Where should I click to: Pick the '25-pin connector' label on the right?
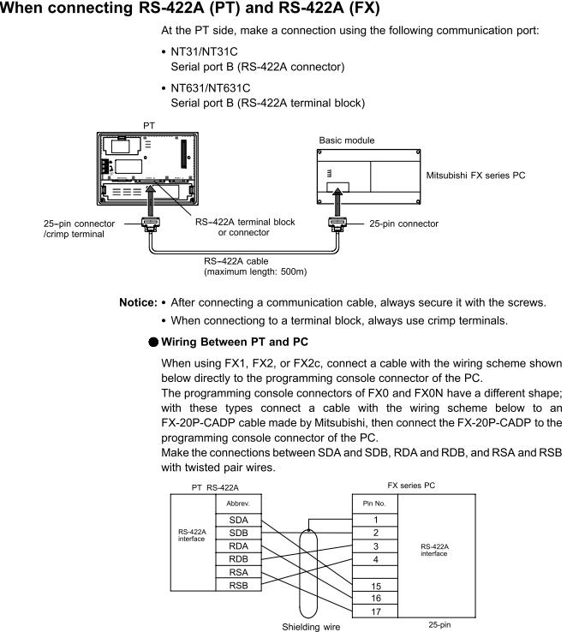(x=403, y=224)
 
